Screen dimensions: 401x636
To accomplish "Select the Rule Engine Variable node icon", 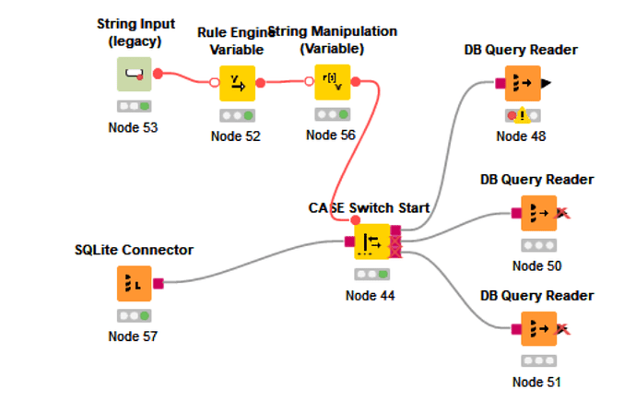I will tap(236, 83).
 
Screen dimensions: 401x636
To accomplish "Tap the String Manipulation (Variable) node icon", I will tap(332, 82).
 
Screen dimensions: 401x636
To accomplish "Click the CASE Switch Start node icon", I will tap(371, 242).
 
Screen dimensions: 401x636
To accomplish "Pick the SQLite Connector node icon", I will tap(135, 284).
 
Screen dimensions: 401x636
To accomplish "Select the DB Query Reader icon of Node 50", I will tap(539, 213).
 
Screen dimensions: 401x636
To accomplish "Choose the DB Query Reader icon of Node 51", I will tap(539, 329).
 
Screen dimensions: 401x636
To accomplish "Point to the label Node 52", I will tap(236, 136).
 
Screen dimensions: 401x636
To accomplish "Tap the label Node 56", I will tap(332, 135).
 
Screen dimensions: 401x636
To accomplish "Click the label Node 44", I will tap(371, 295).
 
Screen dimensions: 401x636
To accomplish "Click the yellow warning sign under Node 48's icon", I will tap(522, 116).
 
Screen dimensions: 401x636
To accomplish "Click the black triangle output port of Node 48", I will tap(547, 84).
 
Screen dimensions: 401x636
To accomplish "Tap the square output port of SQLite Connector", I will tap(158, 284).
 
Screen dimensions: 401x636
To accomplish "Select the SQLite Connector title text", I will tap(135, 250).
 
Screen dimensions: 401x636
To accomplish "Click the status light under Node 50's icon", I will tap(539, 246).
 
